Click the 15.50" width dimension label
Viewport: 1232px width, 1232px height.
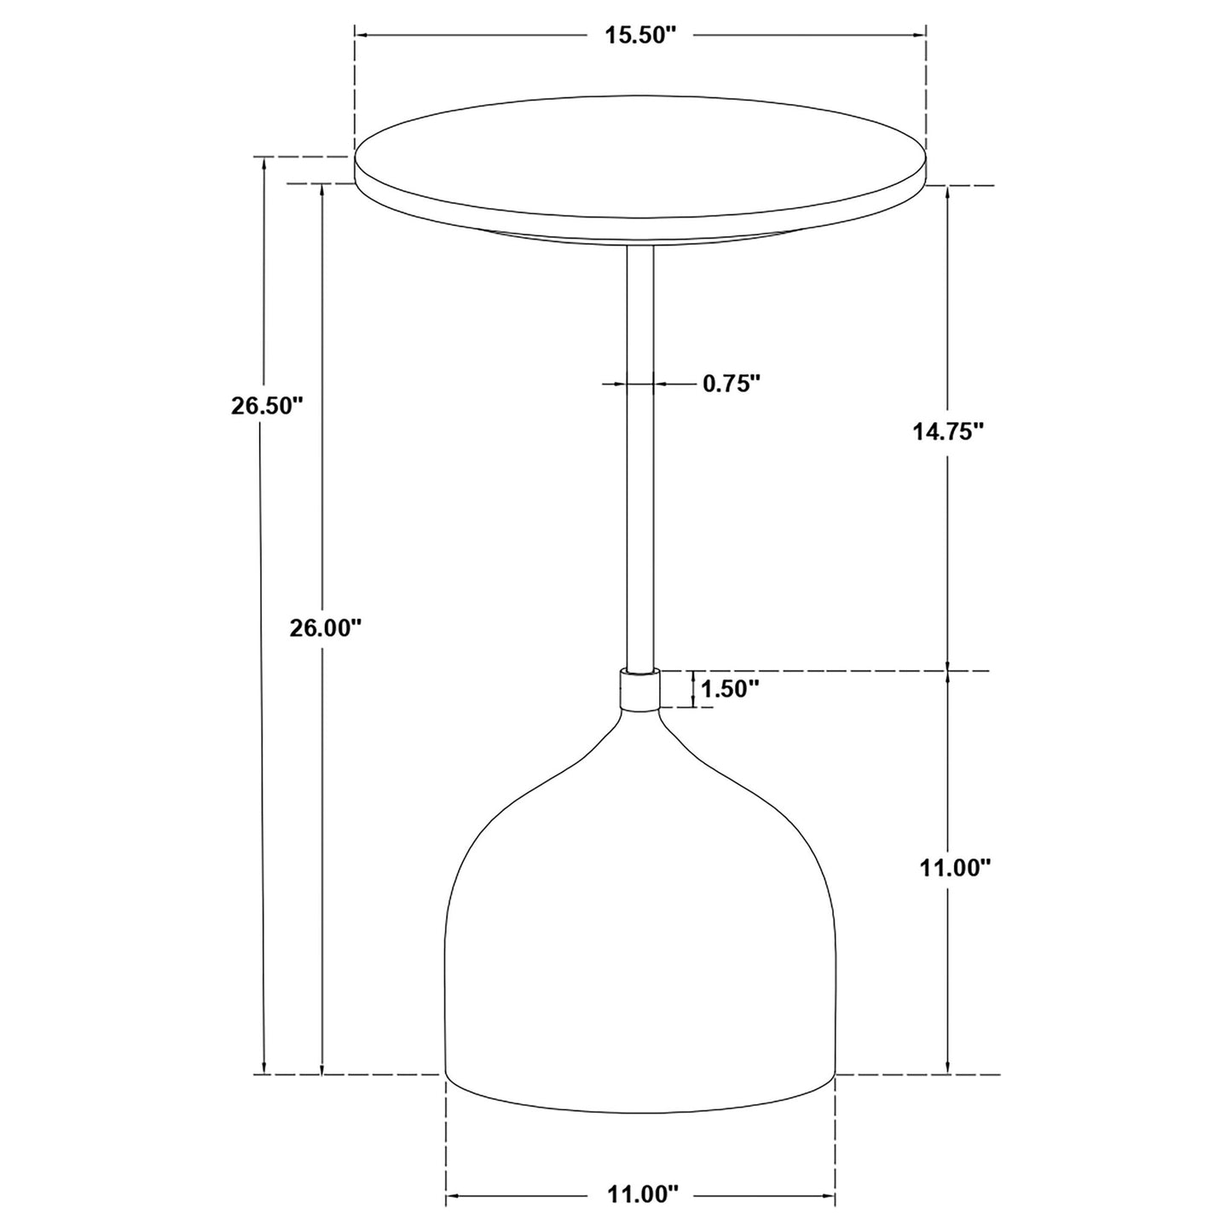pyautogui.click(x=640, y=35)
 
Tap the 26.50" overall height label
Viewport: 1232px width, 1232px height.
pyautogui.click(x=267, y=405)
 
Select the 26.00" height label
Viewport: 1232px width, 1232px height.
pyautogui.click(x=326, y=628)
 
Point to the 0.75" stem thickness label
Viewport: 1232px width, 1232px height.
pyautogui.click(x=731, y=384)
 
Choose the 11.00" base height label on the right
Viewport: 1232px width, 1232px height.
pyautogui.click(x=955, y=867)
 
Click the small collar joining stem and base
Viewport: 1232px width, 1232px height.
pyautogui.click(x=639, y=690)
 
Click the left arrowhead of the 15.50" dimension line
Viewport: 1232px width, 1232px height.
pyautogui.click(x=361, y=35)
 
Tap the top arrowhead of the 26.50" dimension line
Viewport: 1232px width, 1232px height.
pyautogui.click(x=265, y=163)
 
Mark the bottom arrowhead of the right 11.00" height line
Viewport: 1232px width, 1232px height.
pyautogui.click(x=948, y=1068)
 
